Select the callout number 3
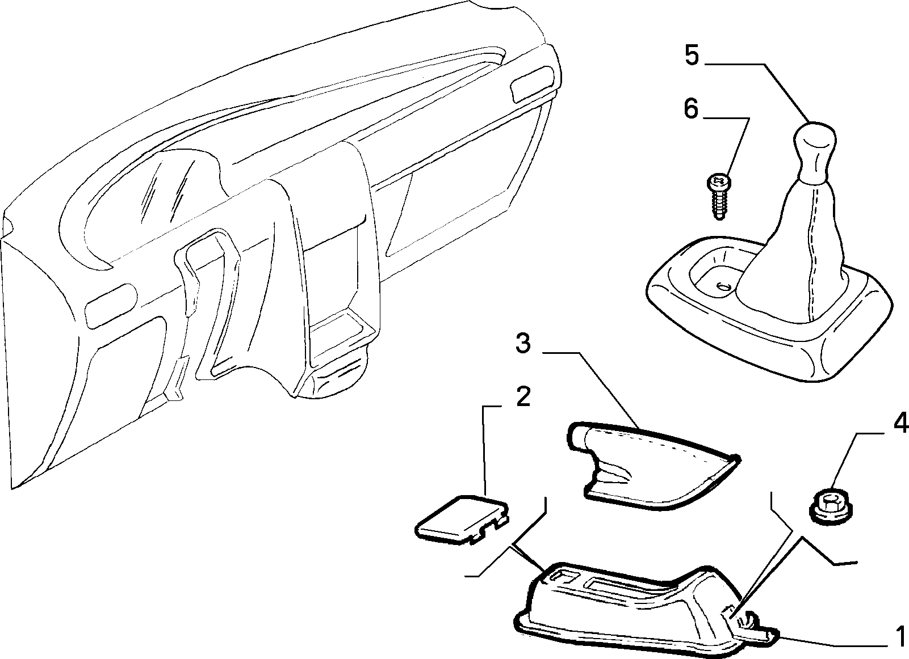[523, 343]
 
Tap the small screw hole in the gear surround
[723, 286]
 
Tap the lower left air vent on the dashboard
[110, 305]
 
